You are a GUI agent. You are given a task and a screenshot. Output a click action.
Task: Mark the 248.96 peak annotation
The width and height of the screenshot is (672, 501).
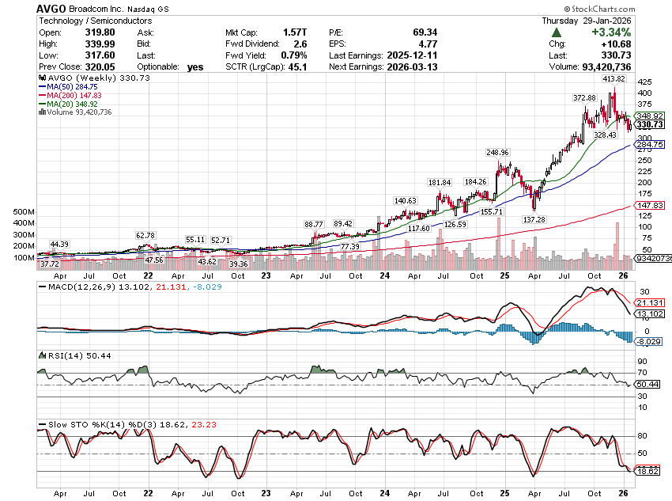point(500,152)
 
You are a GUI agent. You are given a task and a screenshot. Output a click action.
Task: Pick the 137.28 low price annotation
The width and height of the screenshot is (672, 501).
point(534,219)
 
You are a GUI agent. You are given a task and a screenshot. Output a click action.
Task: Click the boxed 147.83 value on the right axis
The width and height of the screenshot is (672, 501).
point(649,206)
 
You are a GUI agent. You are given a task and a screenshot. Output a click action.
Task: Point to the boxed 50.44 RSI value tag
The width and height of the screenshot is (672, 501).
point(648,385)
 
